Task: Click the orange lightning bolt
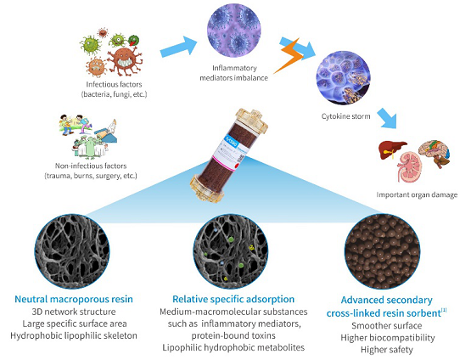point(289,57)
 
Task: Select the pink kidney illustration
point(409,167)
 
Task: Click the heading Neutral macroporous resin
point(74,299)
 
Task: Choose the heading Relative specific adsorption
point(233,299)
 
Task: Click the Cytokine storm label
point(345,116)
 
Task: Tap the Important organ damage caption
point(417,194)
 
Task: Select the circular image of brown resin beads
point(382,251)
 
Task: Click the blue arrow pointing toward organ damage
point(388,118)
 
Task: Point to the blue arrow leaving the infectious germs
point(178,47)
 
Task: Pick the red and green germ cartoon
point(133,40)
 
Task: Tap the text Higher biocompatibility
point(388,338)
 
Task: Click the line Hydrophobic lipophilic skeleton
point(74,335)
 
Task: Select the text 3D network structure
point(74,312)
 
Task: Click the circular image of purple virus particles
point(234,30)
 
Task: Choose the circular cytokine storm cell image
point(343,77)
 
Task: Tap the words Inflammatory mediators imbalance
point(234,73)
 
